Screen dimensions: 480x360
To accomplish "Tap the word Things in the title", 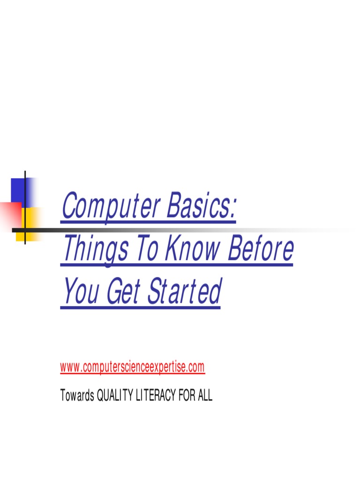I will click(96, 250).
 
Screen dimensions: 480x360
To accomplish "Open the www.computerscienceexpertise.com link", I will click(133, 367).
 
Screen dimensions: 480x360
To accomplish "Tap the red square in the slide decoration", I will click(9, 216).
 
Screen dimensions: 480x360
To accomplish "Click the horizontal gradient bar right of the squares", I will click(187, 230).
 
